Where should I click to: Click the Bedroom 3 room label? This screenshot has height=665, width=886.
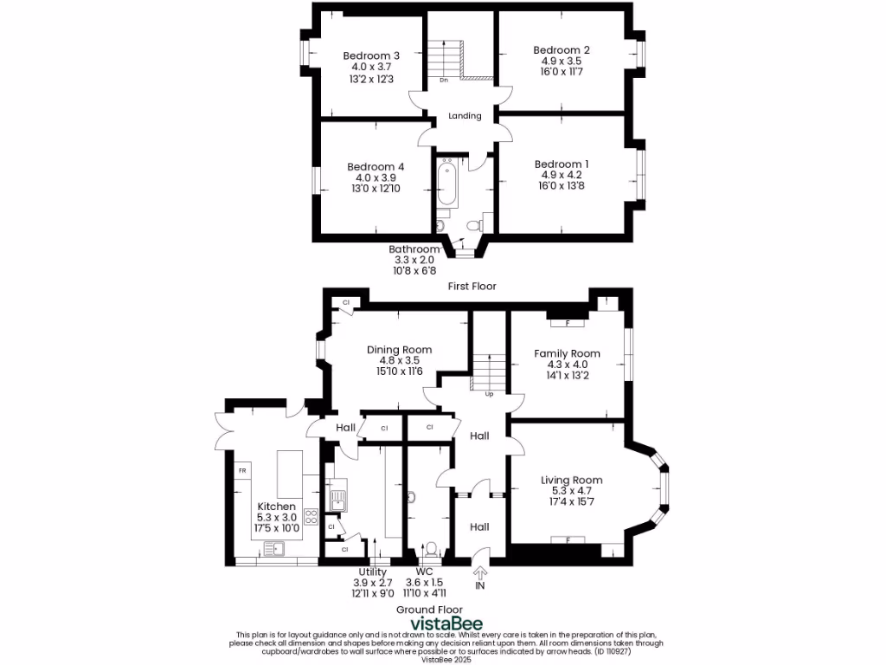click(371, 55)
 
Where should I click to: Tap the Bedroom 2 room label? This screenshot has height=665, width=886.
click(561, 50)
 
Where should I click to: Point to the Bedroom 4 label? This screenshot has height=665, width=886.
click(376, 166)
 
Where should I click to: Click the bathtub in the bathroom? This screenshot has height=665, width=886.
click(446, 183)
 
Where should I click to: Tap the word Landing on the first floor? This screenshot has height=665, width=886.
click(465, 116)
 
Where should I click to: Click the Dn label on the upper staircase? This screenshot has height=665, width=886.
click(443, 81)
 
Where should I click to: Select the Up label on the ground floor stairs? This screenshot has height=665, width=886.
click(489, 394)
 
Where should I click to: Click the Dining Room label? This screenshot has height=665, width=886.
click(399, 350)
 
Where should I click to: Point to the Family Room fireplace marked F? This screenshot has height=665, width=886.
click(567, 323)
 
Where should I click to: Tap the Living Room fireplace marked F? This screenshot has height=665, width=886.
click(568, 540)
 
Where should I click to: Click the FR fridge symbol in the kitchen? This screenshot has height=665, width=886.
click(242, 471)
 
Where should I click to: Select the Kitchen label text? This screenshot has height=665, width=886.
click(276, 507)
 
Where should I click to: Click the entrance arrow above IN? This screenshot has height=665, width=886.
click(480, 571)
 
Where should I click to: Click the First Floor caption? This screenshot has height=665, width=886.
click(472, 286)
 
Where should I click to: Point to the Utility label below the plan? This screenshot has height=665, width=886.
click(374, 572)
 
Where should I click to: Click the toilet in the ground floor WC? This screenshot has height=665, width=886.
click(430, 549)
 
